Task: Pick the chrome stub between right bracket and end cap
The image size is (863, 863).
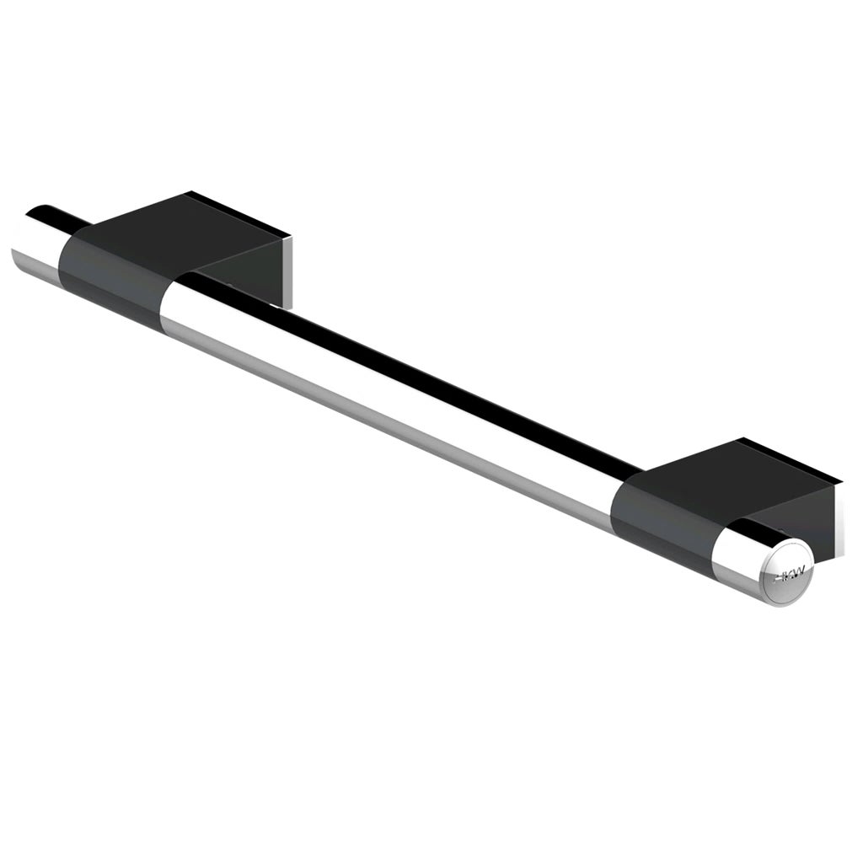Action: point(737,560)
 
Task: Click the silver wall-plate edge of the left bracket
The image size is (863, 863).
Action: point(289,270)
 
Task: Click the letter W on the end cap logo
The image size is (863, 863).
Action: point(798,571)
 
